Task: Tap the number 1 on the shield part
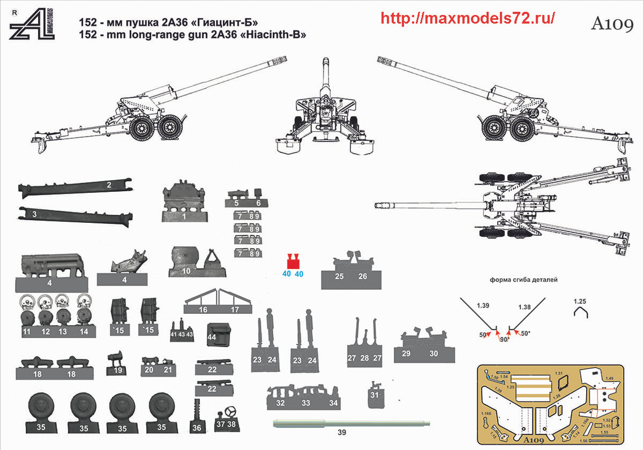point(183,215)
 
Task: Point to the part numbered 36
point(197,417)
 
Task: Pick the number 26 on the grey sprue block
point(363,276)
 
